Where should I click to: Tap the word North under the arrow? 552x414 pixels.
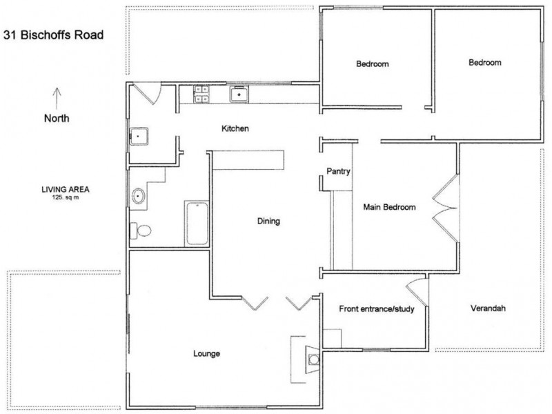point(57,118)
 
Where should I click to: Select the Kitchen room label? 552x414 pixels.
point(235,129)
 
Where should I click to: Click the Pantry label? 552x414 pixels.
point(339,172)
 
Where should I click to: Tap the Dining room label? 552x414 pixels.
point(268,221)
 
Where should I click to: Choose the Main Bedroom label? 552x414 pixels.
point(390,207)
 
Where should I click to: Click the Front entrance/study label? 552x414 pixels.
point(376,309)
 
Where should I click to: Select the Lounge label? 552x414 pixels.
point(206,354)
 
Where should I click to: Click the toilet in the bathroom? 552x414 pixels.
point(141,230)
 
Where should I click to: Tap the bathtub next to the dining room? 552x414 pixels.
point(197,223)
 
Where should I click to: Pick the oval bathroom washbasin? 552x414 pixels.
point(139,196)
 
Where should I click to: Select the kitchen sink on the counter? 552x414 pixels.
point(239,93)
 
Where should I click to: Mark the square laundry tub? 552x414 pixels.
point(141,137)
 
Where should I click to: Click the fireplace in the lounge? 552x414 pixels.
point(312,357)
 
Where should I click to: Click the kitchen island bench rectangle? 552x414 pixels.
point(248,159)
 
